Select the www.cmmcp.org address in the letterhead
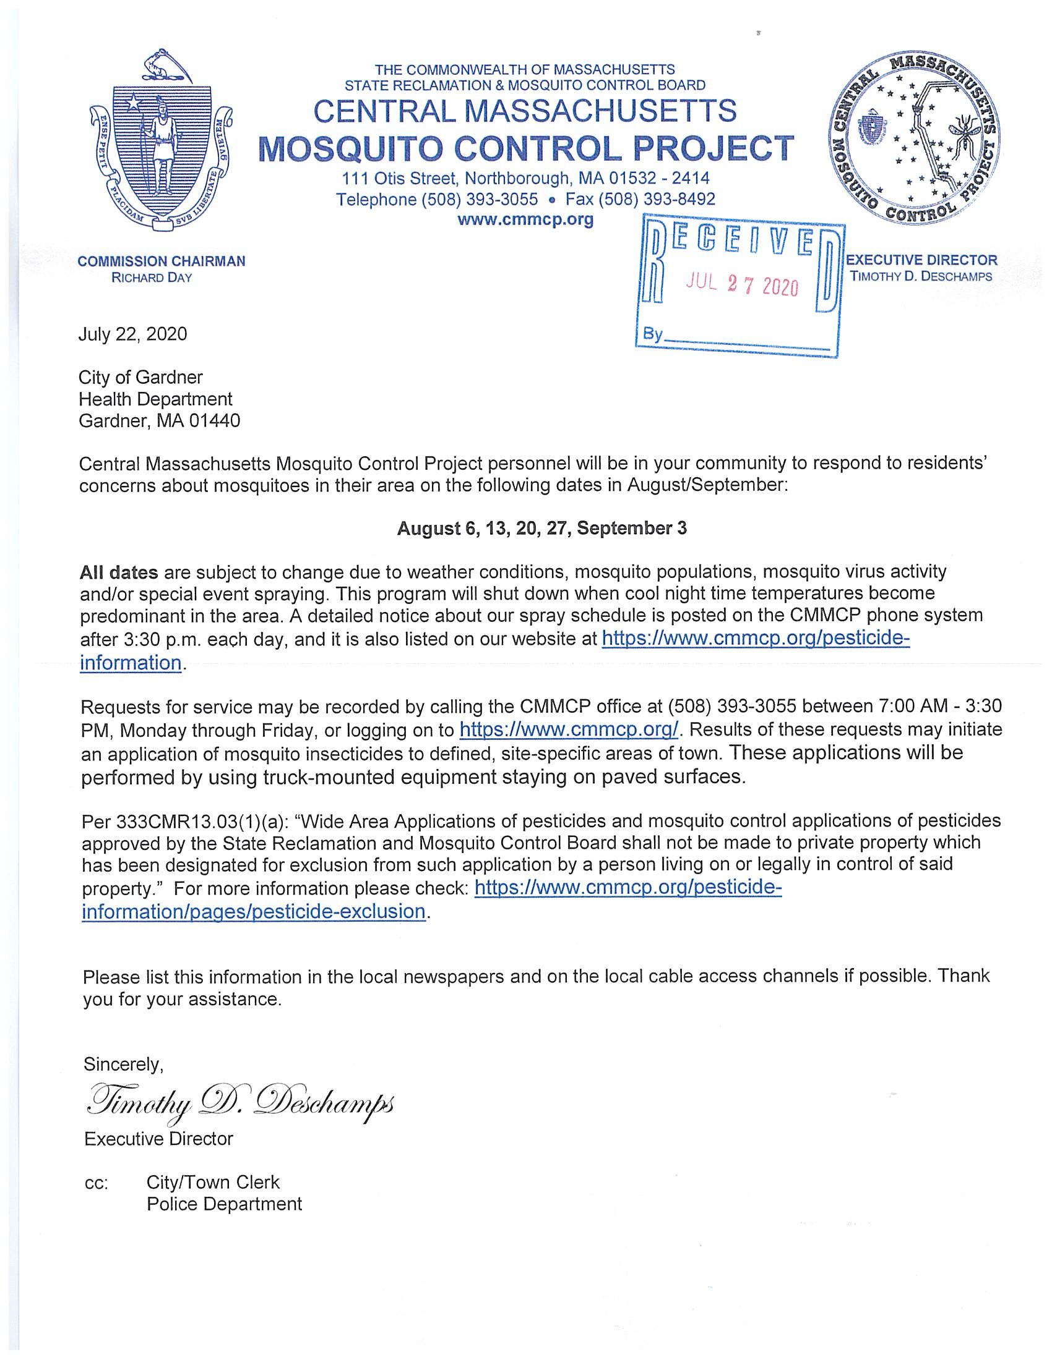pyautogui.click(x=525, y=219)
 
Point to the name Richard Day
pyautogui.click(x=152, y=278)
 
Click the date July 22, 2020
pyautogui.click(x=132, y=334)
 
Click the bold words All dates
pyautogui.click(x=118, y=572)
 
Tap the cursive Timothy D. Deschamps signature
pyautogui.click(x=239, y=1104)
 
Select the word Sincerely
pyautogui.click(x=123, y=1065)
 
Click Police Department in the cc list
pyautogui.click(x=224, y=1204)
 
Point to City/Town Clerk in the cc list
pyautogui.click(x=212, y=1182)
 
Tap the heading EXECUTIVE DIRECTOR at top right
pyautogui.click(x=921, y=260)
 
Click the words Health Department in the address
pyautogui.click(x=155, y=399)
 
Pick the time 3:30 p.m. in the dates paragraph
pyautogui.click(x=158, y=640)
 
